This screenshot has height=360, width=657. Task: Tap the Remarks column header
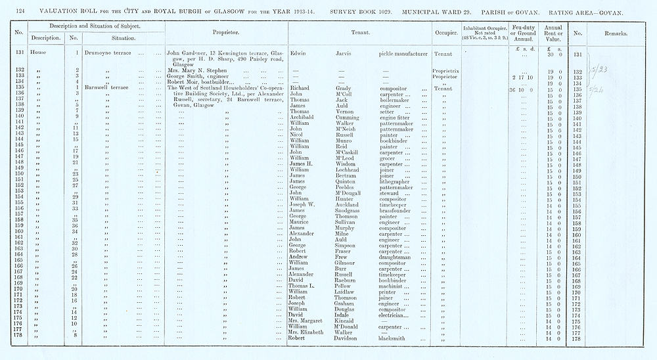618,32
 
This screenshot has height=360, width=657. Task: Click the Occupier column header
446,32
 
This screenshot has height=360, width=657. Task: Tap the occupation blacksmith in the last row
396,339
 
